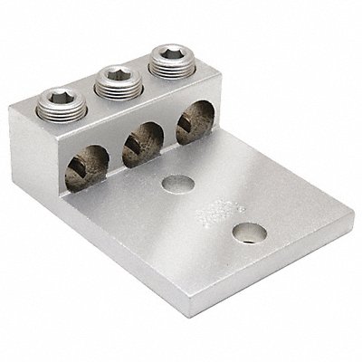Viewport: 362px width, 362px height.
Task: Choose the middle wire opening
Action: (x=141, y=137)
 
